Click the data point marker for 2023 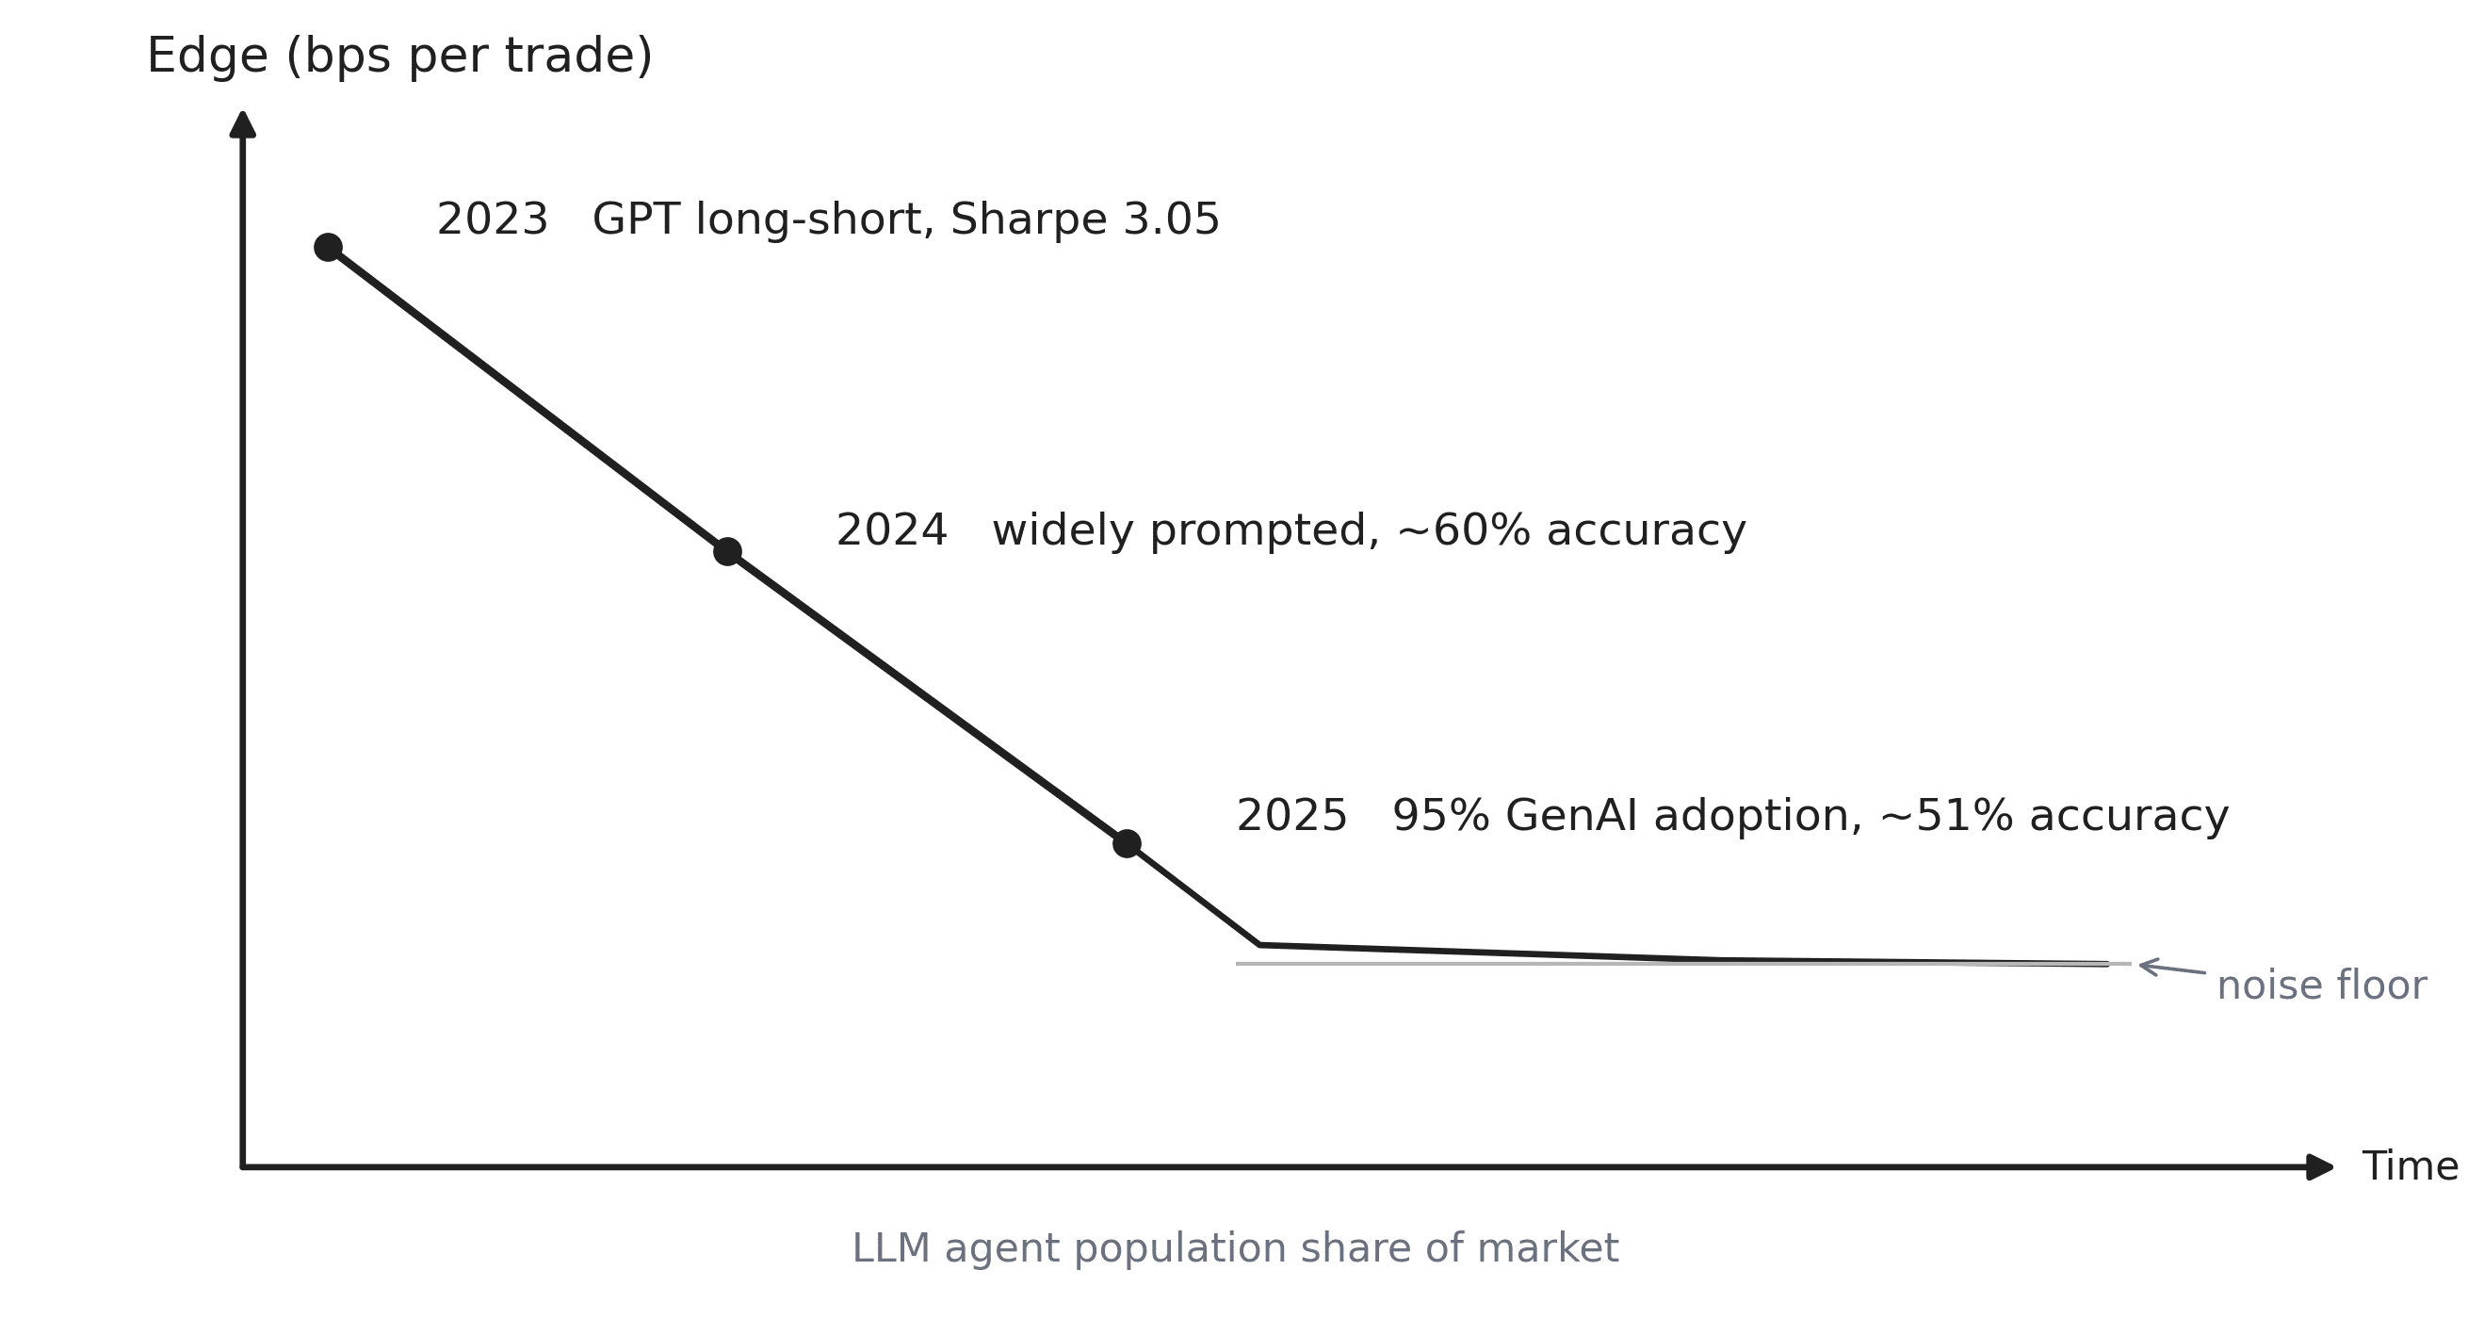pyautogui.click(x=328, y=248)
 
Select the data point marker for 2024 pyautogui.click(x=727, y=551)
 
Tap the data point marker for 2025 pyautogui.click(x=1127, y=843)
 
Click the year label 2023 pyautogui.click(x=492, y=220)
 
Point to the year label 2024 pyautogui.click(x=891, y=531)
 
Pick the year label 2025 pyautogui.click(x=1291, y=817)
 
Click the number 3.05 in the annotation pyautogui.click(x=1171, y=220)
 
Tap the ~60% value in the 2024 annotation pyautogui.click(x=1463, y=531)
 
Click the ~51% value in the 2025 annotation pyautogui.click(x=1946, y=817)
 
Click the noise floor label pyautogui.click(x=2321, y=985)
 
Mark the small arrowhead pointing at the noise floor pyautogui.click(x=2147, y=965)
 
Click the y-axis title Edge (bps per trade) pyautogui.click(x=399, y=56)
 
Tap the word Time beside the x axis pyautogui.click(x=2409, y=1166)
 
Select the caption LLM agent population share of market pyautogui.click(x=1235, y=1248)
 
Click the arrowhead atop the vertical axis pyautogui.click(x=243, y=124)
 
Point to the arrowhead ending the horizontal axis pyautogui.click(x=2319, y=1166)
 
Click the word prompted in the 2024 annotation pyautogui.click(x=1263, y=531)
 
